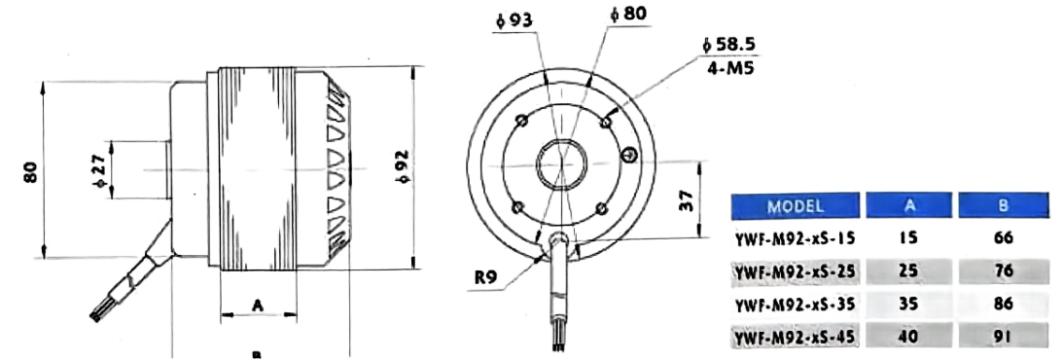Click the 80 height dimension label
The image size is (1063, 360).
(x=31, y=171)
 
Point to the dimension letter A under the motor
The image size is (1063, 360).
(x=258, y=306)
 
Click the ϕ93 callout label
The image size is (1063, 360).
(x=513, y=19)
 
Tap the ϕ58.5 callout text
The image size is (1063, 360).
(x=728, y=46)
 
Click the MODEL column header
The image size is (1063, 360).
(x=796, y=206)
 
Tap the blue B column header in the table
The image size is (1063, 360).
(x=1003, y=206)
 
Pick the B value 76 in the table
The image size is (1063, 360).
(x=1003, y=270)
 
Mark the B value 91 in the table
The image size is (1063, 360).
(x=1003, y=337)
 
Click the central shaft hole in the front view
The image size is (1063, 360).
(x=561, y=162)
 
